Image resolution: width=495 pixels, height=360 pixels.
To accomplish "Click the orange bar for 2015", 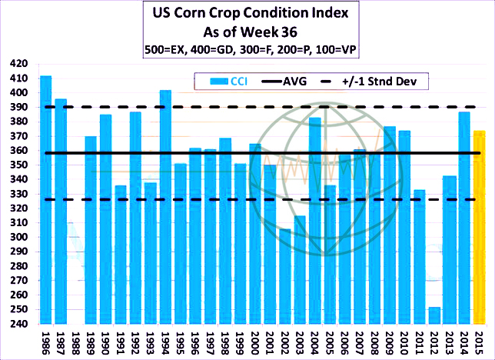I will pyautogui.click(x=478, y=227).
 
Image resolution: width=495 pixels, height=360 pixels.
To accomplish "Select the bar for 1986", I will pyautogui.click(x=46, y=200).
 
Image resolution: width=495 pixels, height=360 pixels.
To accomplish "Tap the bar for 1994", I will pyautogui.click(x=165, y=208).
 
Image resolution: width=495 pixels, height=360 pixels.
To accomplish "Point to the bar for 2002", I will pyautogui.click(x=284, y=277).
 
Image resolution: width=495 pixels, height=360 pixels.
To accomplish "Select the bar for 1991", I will pyautogui.click(x=121, y=255).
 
